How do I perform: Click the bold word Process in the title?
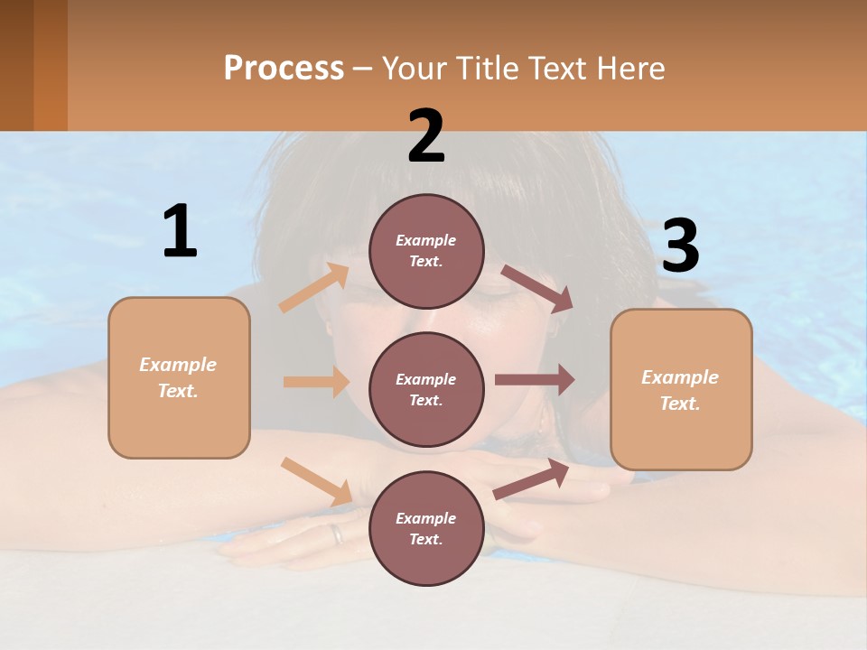284,69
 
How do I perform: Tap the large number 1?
180,232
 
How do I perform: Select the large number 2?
426,137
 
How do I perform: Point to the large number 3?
681,247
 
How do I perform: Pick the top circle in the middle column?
426,251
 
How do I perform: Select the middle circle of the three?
426,390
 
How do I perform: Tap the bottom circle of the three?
426,529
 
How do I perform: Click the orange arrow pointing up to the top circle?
313,287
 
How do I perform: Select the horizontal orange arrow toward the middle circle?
316,382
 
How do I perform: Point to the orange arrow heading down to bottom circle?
316,480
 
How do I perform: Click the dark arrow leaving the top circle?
536,288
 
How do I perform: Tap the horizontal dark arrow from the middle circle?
535,380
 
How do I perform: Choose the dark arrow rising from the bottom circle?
531,479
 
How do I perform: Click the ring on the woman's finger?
337,534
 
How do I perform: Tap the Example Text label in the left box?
178,377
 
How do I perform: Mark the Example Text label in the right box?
680,390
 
